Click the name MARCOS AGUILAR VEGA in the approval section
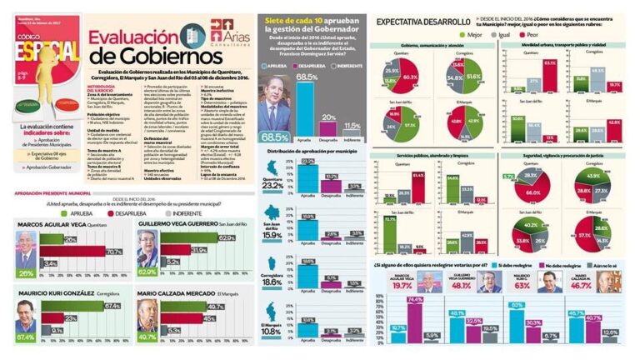coord(48,224)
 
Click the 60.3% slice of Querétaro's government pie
coord(409,77)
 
